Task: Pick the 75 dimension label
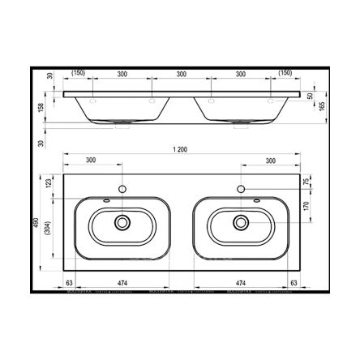coord(306,183)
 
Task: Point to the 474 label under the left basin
coord(120,284)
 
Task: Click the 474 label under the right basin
coord(240,284)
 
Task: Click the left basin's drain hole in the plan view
coord(122,221)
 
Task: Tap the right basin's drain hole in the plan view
coord(241,221)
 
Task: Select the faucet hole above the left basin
coord(122,190)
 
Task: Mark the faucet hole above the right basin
coord(241,190)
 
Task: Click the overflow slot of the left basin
coord(106,200)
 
